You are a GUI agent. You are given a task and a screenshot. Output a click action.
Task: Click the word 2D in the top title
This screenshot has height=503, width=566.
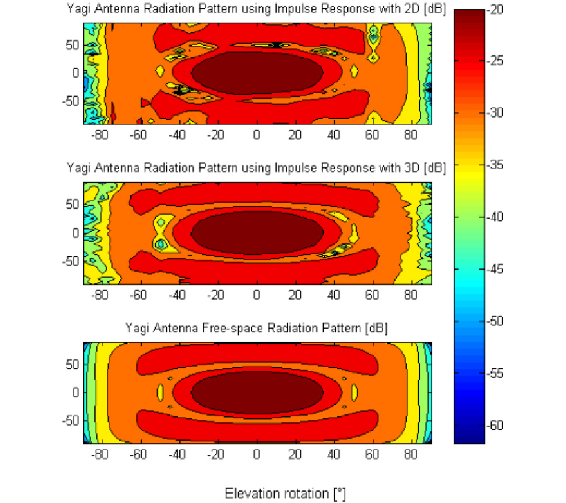coord(406,8)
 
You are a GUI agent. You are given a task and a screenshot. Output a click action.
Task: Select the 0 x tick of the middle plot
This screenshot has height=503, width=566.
coord(255,295)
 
